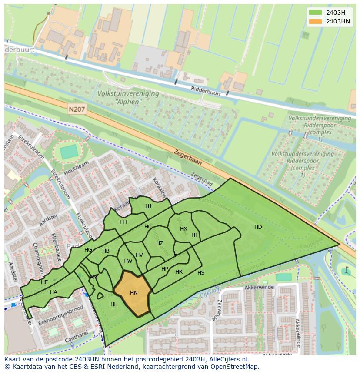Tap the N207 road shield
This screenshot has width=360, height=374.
coord(77,110)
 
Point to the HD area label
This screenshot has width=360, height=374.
coord(258,227)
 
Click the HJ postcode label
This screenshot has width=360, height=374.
coord(148,206)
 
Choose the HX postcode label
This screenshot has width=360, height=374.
coord(183,229)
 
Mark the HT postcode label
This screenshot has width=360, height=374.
coord(195,235)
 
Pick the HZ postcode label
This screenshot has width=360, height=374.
coord(160,243)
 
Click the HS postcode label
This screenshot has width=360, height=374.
coord(201,273)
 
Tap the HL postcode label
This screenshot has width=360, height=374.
coord(114,304)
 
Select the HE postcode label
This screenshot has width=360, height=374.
coord(44,282)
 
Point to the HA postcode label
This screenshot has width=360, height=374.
coord(53,292)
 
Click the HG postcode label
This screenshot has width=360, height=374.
coord(88,250)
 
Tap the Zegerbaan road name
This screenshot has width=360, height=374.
coord(188,158)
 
